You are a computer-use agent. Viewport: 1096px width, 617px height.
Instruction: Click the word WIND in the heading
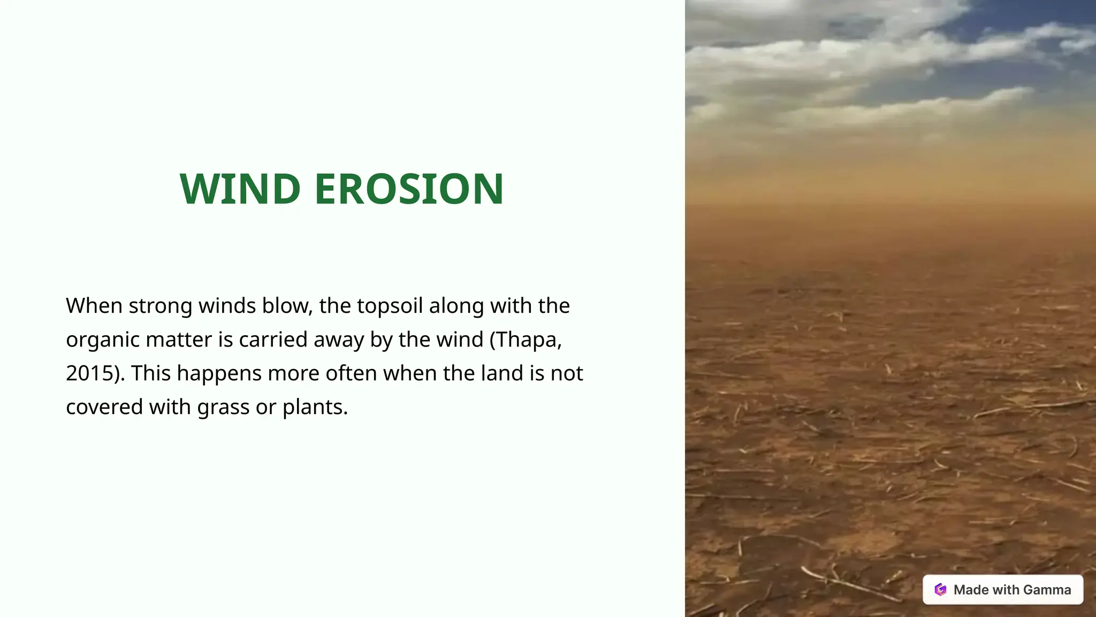240,189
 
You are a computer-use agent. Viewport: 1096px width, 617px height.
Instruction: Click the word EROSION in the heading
409,189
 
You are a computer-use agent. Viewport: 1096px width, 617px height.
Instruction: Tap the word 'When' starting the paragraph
94,306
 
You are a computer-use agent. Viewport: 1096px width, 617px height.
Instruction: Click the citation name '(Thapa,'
526,340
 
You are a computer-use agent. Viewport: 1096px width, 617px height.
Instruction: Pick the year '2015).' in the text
95,373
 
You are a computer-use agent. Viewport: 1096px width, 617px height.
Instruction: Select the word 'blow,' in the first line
287,306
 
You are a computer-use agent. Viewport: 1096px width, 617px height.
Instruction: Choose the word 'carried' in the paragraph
273,340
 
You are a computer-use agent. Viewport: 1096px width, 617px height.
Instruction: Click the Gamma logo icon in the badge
940,590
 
